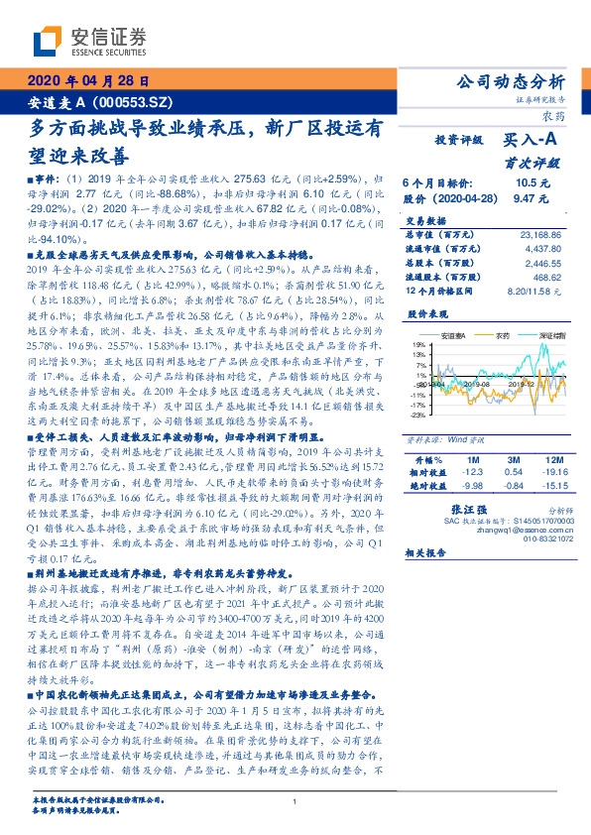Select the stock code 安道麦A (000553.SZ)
95,102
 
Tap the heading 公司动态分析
508,81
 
